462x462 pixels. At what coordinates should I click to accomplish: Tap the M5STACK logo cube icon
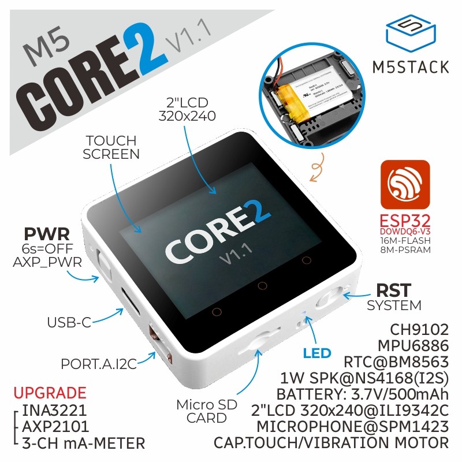(411, 33)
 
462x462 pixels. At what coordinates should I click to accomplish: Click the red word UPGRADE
(50, 393)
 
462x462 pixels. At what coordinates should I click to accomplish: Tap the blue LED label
(317, 353)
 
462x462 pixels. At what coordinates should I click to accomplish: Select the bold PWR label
(47, 234)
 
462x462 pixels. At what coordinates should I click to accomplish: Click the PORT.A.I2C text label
(99, 364)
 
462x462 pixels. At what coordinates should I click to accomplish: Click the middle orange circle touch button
(261, 286)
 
